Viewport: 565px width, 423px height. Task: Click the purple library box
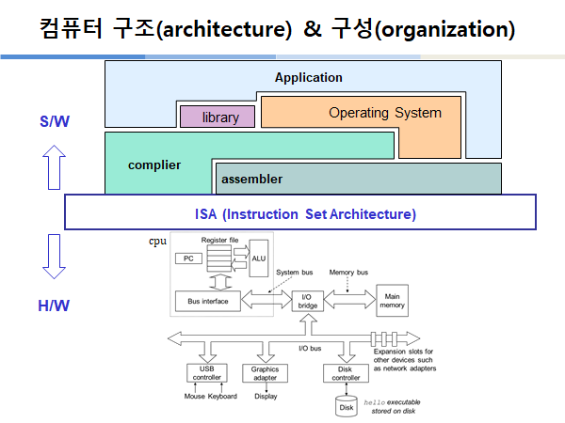(218, 117)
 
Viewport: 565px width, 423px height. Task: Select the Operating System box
(384, 113)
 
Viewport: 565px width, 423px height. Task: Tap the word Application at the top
(308, 77)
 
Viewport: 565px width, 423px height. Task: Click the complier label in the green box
(154, 165)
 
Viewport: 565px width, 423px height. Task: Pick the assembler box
(250, 179)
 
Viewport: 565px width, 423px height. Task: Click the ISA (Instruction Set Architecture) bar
(299, 213)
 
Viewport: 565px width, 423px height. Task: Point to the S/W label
(55, 121)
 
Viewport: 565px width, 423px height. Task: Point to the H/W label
(55, 305)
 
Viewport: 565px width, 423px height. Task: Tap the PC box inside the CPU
(188, 257)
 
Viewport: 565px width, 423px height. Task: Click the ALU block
(258, 258)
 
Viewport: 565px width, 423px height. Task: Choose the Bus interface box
(207, 301)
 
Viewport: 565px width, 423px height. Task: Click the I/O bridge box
(307, 302)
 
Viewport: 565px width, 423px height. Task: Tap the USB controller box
(208, 373)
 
